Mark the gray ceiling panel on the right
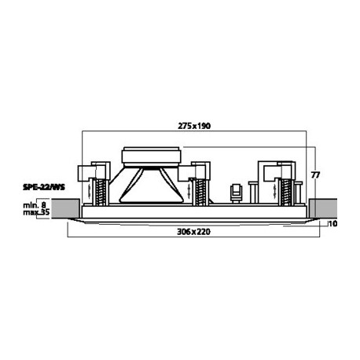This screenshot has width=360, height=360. coord(321,208)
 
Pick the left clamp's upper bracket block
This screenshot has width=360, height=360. coord(101,169)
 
